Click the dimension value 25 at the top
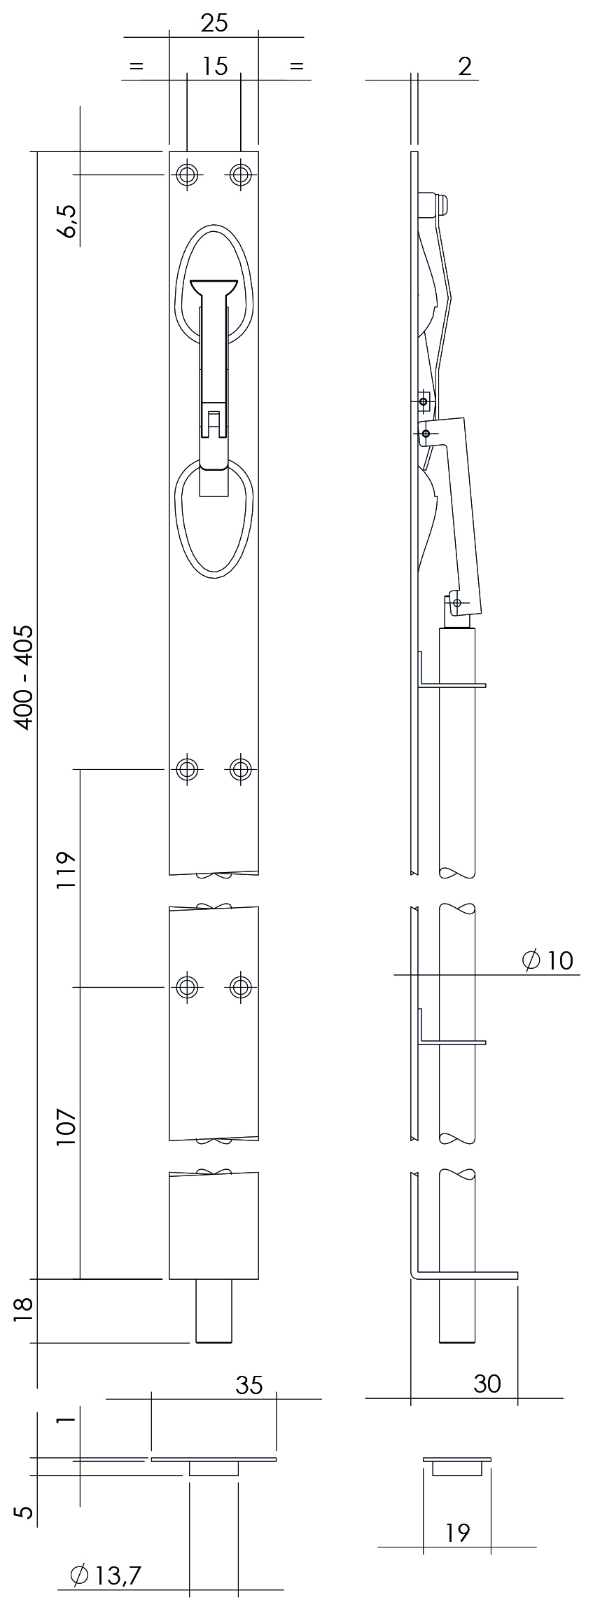(214, 23)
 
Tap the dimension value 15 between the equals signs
(215, 67)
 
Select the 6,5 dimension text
(69, 221)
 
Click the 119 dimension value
(66, 871)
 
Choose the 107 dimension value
(66, 1126)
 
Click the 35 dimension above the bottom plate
(249, 1385)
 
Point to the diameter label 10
(547, 960)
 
